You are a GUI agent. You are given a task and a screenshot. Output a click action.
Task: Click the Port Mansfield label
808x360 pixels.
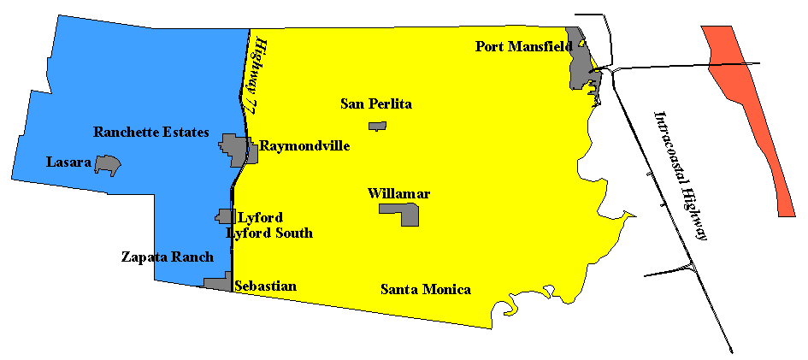click(x=523, y=46)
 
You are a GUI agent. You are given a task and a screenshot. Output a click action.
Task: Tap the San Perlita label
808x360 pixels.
click(x=376, y=104)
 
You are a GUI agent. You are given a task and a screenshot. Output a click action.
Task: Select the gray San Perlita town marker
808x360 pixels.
click(x=377, y=127)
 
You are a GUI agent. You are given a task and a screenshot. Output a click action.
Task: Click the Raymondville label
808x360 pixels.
click(x=304, y=146)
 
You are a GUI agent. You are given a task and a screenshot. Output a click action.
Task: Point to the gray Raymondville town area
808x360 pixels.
click(x=236, y=148)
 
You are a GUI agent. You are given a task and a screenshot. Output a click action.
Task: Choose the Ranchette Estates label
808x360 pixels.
click(x=151, y=133)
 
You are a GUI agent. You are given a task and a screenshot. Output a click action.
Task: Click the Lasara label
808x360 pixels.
click(x=69, y=162)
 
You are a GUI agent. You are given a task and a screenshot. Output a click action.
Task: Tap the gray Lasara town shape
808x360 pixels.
click(x=107, y=164)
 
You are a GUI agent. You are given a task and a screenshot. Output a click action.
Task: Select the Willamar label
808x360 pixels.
click(x=398, y=194)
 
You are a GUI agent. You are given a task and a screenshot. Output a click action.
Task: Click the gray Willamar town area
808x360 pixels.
click(x=400, y=213)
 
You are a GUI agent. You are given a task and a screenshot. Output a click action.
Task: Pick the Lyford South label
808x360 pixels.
click(x=269, y=233)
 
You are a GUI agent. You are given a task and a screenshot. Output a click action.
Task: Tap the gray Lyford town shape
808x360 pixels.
click(x=226, y=216)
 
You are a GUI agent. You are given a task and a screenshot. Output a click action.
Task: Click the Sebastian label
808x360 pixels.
click(x=265, y=286)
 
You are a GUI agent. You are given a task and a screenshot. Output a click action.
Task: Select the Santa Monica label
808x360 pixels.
click(x=425, y=290)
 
